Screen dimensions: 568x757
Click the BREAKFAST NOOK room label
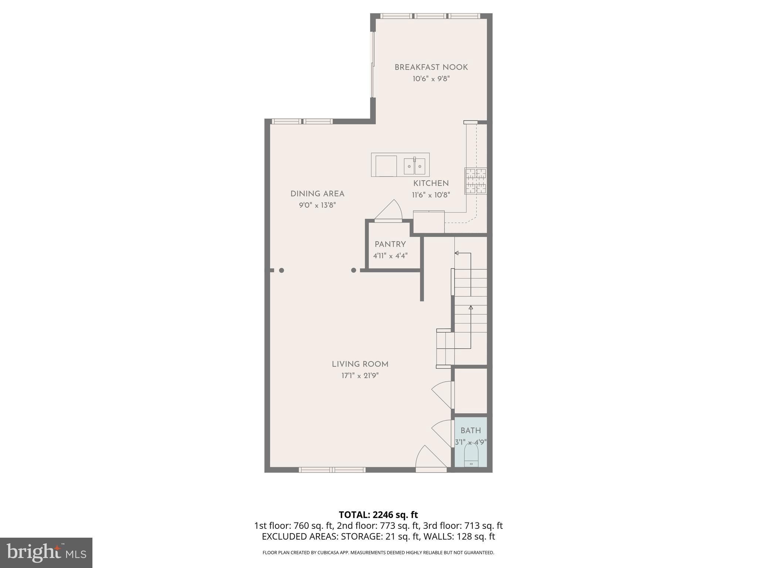point(431,67)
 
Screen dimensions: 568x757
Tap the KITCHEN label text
point(431,183)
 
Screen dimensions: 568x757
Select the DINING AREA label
point(317,194)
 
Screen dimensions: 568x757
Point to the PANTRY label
point(390,244)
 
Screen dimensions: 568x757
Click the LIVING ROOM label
point(360,364)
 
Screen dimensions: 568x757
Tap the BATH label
point(471,430)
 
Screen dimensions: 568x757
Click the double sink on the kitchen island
point(414,166)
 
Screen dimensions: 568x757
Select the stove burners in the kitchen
point(476,181)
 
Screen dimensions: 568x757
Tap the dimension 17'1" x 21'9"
point(360,376)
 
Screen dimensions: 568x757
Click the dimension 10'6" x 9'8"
point(431,79)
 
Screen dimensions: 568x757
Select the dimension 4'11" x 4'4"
point(390,256)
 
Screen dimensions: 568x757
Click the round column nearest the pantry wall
point(353,270)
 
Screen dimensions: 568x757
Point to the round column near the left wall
point(282,270)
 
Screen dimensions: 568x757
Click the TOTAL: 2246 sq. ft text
point(378,515)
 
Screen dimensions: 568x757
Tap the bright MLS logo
point(46,552)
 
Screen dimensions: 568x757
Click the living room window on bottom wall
point(332,470)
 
